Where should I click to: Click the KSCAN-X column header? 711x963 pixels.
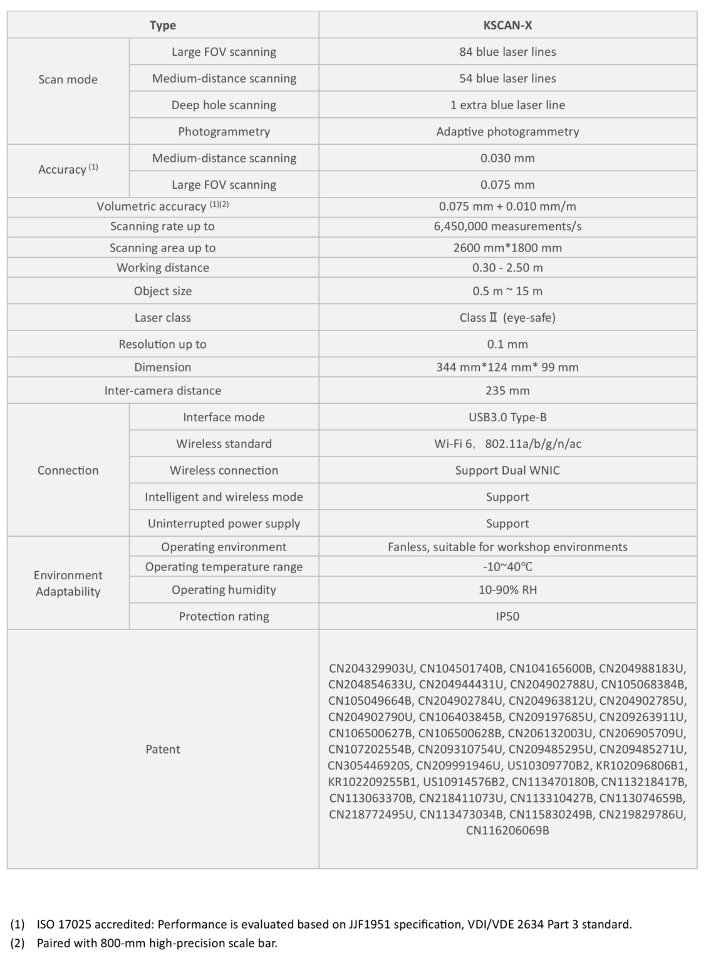click(507, 25)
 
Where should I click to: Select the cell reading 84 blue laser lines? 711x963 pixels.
click(507, 52)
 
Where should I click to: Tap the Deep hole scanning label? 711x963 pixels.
click(224, 105)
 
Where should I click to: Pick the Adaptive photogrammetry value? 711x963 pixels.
click(507, 132)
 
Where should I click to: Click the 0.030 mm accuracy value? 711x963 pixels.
click(507, 158)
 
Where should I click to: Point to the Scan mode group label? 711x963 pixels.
click(68, 80)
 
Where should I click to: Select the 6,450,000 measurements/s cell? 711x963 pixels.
click(507, 226)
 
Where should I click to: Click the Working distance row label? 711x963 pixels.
click(163, 268)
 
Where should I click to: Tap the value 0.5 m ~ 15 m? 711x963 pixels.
click(507, 291)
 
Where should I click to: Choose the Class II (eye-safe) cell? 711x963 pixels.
click(507, 317)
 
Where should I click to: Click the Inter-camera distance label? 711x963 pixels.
click(163, 391)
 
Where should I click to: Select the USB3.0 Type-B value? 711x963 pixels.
click(507, 417)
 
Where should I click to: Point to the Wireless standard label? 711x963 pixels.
click(224, 444)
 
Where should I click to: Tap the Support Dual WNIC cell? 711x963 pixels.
click(507, 470)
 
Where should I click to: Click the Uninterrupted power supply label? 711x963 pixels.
click(224, 524)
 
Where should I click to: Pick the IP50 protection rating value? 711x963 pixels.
click(507, 616)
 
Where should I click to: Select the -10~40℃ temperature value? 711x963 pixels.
click(507, 567)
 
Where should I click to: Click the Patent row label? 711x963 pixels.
click(163, 749)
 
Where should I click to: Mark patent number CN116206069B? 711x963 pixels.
click(507, 831)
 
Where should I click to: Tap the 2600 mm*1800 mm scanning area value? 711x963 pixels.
click(507, 248)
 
